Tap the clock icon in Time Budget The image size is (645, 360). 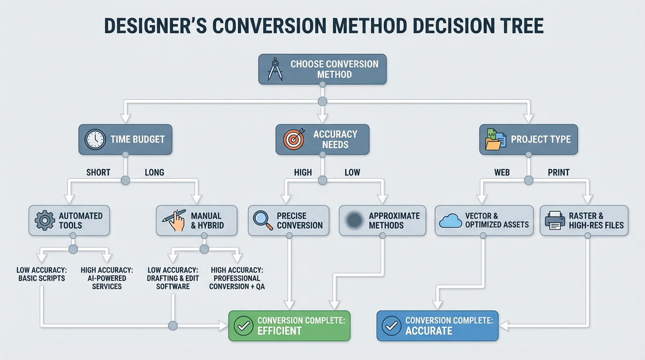[95, 139]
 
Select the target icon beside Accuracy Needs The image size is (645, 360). [293, 139]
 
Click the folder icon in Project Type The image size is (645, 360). [495, 139]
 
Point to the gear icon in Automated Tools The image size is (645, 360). [45, 220]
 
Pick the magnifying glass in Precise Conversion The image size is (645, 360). [262, 220]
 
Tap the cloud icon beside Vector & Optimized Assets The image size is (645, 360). [450, 220]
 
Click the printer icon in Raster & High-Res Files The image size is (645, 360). [555, 220]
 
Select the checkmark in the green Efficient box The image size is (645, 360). [243, 325]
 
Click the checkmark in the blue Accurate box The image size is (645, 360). [391, 325]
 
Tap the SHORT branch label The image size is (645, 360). [98, 172]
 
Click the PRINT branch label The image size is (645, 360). [559, 172]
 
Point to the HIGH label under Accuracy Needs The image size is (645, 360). [303, 172]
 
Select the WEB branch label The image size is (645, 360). [502, 172]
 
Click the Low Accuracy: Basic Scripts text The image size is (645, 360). [41, 274]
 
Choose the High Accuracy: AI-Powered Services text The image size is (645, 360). [107, 278]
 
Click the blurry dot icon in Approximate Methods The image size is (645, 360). [354, 219]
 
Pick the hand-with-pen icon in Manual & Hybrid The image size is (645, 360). [174, 220]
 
